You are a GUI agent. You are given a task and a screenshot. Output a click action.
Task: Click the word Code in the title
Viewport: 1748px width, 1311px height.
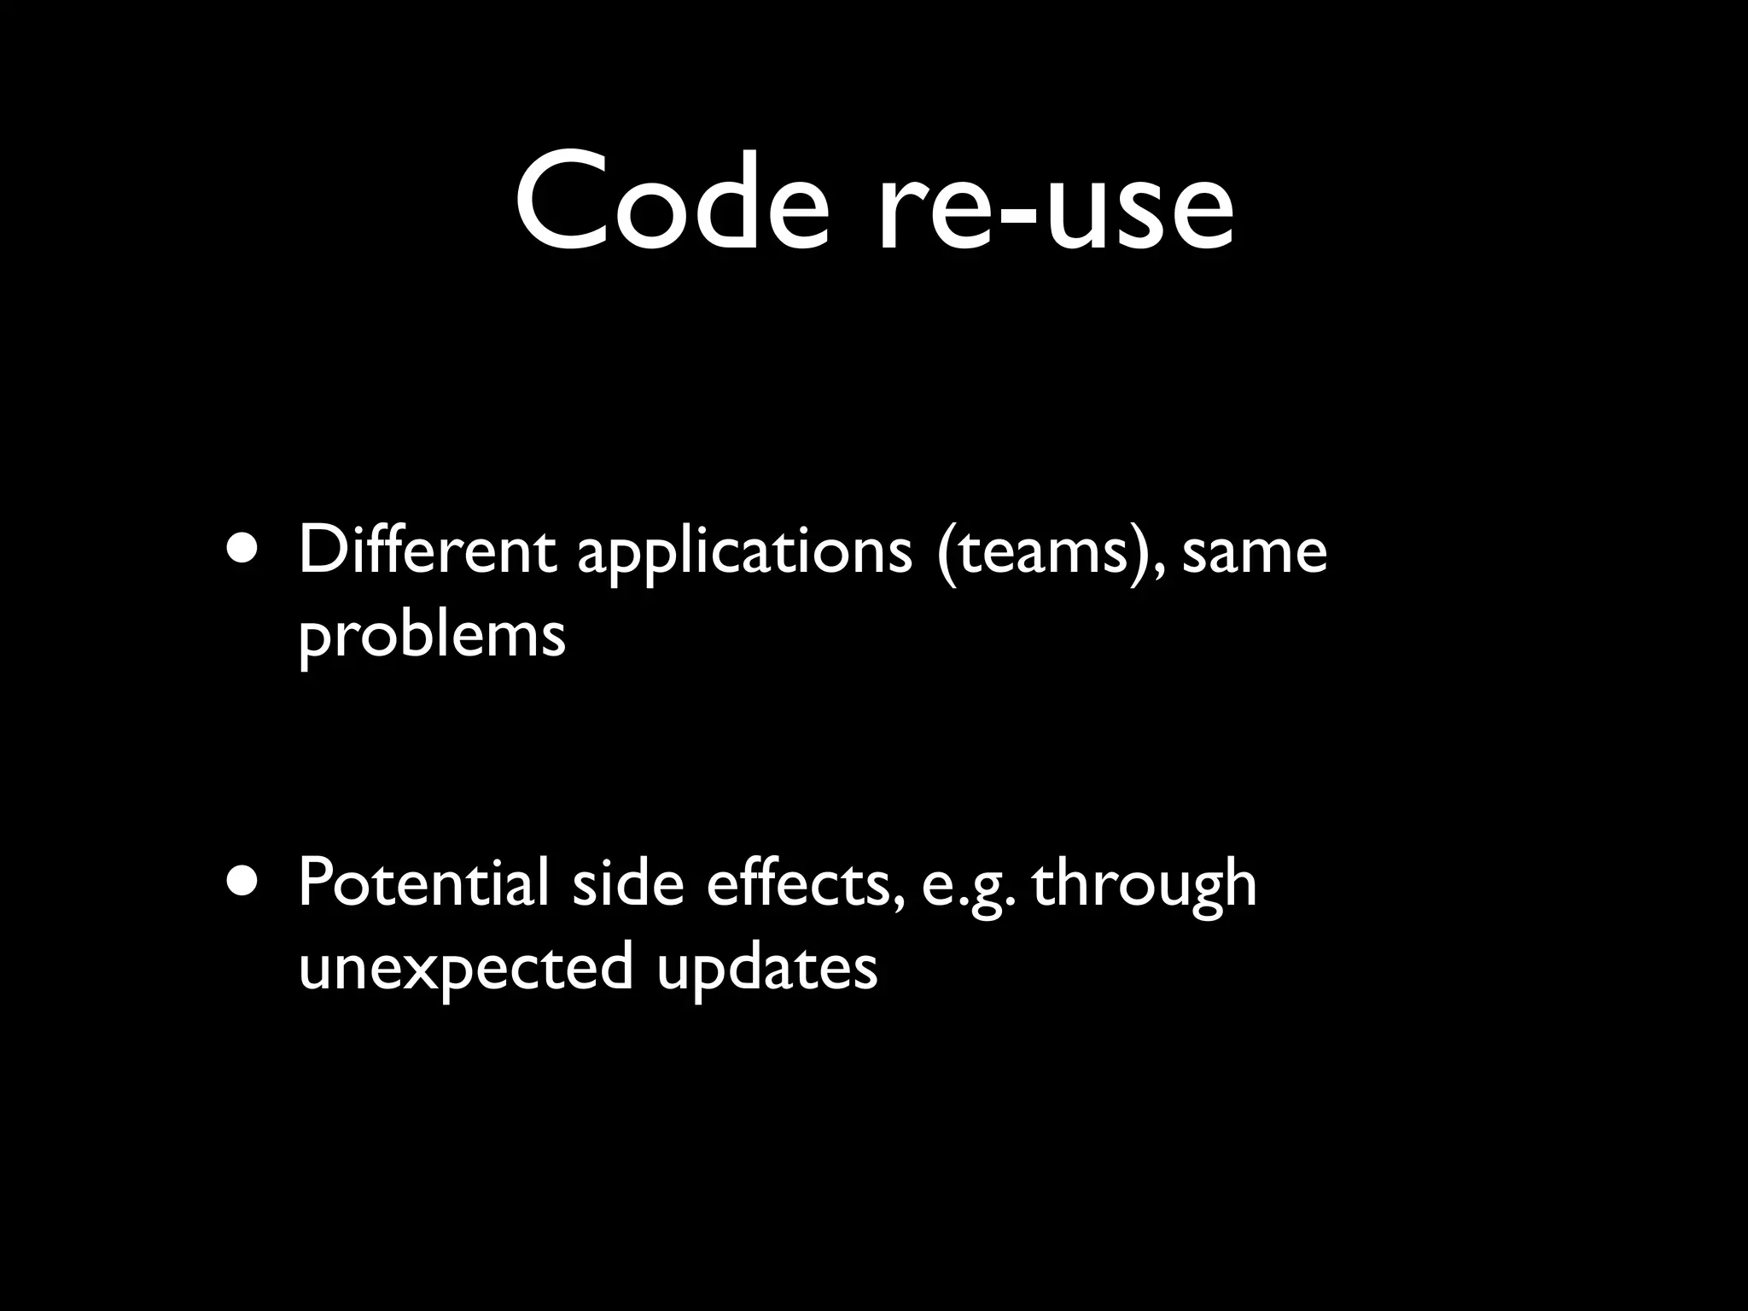click(x=671, y=203)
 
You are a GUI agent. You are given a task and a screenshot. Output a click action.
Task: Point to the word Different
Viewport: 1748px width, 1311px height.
click(x=427, y=551)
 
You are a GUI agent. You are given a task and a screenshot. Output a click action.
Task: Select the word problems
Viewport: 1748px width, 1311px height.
click(x=432, y=636)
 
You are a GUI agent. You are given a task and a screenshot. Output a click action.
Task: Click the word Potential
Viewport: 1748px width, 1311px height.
click(x=423, y=883)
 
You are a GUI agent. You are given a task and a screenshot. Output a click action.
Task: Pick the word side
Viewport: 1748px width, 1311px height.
click(x=628, y=883)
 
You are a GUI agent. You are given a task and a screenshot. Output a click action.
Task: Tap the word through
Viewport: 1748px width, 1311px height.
click(x=1144, y=888)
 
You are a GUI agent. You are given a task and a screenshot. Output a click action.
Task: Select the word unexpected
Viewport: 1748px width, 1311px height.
click(x=466, y=969)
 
